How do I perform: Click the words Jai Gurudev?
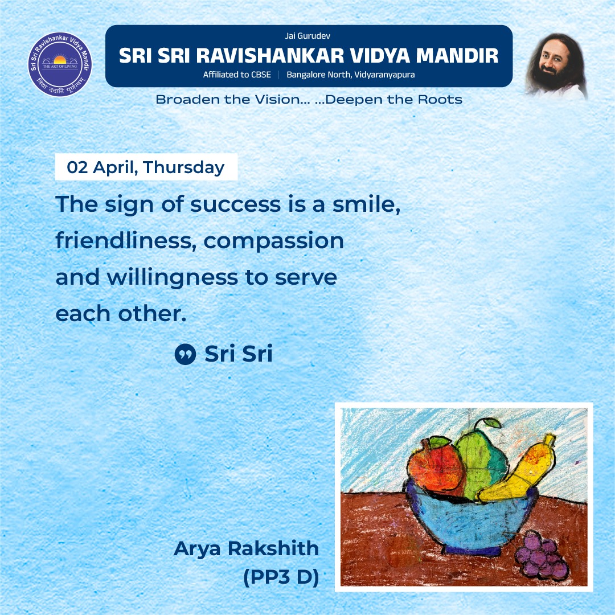(x=308, y=36)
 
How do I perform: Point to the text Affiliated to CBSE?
(x=237, y=75)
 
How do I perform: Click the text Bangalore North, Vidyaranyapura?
(x=350, y=75)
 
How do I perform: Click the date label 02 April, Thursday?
(x=146, y=167)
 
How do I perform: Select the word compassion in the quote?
(x=273, y=241)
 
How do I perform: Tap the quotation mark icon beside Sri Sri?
(x=184, y=355)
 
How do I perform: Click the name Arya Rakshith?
(x=247, y=548)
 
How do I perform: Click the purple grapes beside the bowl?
(x=541, y=556)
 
